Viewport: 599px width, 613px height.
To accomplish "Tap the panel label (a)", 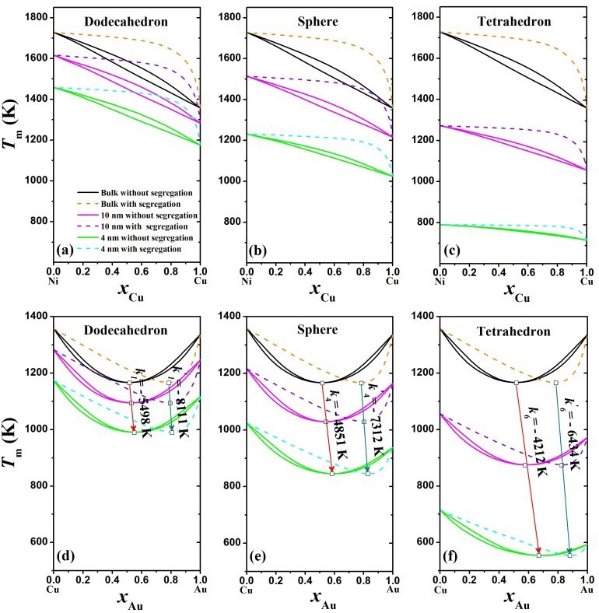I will click(x=65, y=250).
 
